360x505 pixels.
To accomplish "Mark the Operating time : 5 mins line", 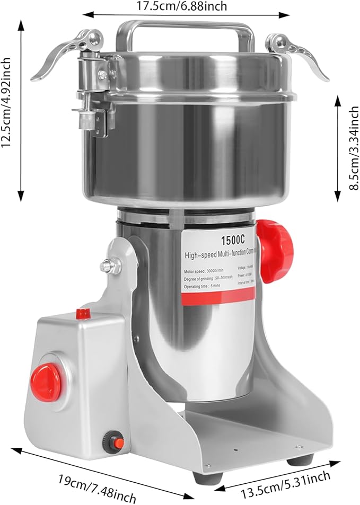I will click(x=201, y=286).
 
